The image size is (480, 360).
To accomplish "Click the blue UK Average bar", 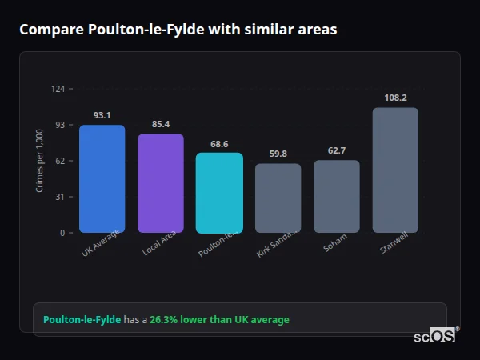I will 102,178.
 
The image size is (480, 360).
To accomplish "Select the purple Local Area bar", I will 161,183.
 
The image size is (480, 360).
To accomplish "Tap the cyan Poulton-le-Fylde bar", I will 219,193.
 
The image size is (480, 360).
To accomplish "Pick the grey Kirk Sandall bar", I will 278,198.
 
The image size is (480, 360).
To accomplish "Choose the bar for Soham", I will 337,196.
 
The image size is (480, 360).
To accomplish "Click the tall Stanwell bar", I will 395,170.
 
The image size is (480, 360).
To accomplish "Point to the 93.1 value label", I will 102,115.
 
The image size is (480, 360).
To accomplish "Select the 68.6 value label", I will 219,144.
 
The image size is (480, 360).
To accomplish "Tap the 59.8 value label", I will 278,154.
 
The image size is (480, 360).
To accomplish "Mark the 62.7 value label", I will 337,150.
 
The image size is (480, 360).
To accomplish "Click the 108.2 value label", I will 395,98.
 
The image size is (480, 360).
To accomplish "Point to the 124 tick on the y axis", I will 58,89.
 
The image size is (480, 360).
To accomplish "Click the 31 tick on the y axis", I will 60,197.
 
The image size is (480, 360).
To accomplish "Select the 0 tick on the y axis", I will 62,233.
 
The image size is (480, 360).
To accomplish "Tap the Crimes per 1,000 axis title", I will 40,161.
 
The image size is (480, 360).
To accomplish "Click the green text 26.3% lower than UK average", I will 220,320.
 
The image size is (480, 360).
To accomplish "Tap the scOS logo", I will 435,337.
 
